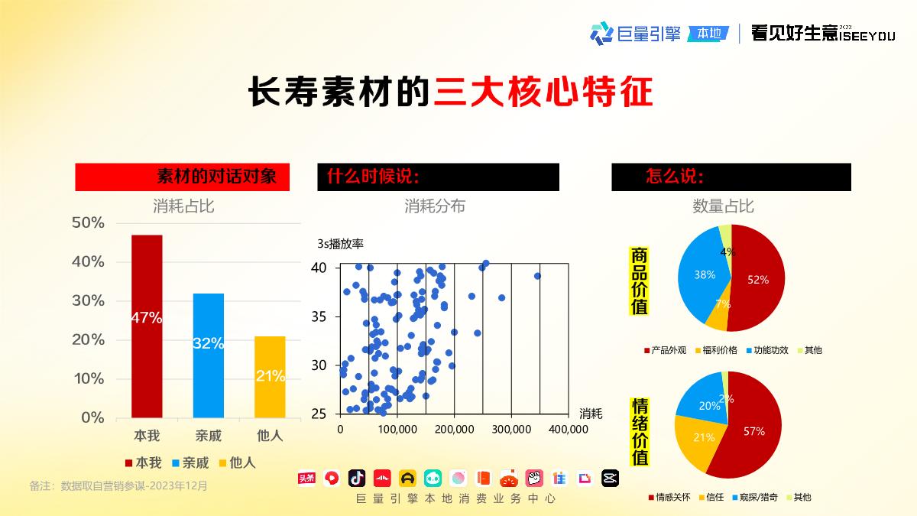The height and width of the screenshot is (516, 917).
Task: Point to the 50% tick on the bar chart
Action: [88, 222]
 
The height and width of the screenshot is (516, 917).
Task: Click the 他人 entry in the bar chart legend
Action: [238, 462]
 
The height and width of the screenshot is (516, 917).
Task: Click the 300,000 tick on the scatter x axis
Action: [510, 430]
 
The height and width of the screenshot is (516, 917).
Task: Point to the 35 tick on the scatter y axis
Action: [319, 316]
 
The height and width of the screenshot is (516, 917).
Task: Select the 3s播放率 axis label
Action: [340, 245]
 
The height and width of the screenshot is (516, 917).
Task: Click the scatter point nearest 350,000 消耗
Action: [537, 276]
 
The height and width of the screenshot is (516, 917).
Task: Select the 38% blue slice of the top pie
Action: [701, 275]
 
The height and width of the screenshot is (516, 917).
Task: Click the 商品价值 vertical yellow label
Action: [640, 281]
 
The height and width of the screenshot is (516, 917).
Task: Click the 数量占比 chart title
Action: [723, 206]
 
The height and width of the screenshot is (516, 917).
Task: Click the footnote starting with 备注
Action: [118, 485]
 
